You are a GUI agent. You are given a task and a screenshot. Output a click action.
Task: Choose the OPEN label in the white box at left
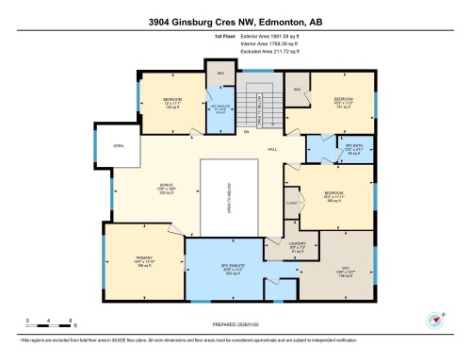coord(119,146)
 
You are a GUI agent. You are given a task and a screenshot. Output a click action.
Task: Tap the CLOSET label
coord(293,201)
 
